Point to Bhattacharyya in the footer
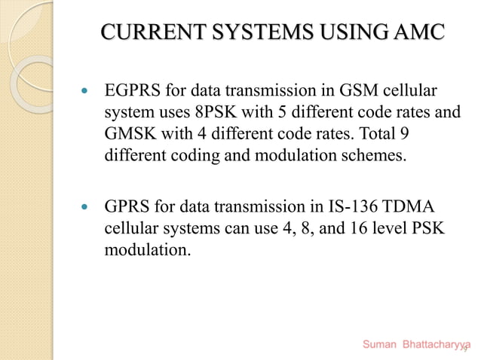(x=437, y=345)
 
